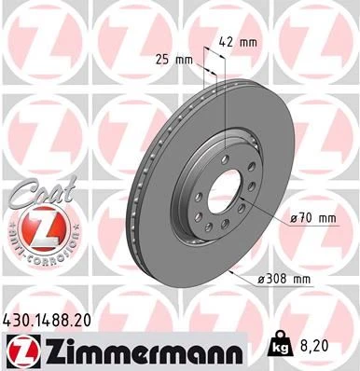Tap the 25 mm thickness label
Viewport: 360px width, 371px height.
176,60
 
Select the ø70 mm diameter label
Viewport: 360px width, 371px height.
312,217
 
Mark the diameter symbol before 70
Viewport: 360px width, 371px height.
293,217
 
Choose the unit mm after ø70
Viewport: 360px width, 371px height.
324,217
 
